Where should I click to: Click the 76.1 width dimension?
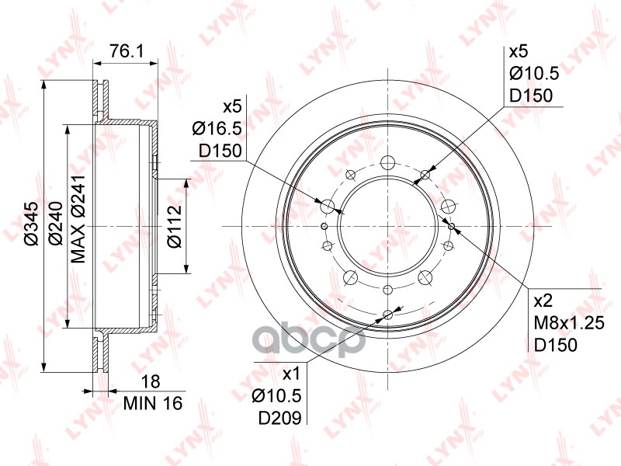127,51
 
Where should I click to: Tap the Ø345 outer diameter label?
32,224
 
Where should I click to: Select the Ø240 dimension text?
55,224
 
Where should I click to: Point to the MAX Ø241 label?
78,219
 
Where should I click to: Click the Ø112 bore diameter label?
174,227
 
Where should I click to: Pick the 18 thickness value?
151,381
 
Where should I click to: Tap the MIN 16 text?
153,403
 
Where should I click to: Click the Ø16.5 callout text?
217,128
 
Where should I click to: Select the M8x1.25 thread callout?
569,323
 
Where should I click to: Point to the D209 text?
280,417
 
